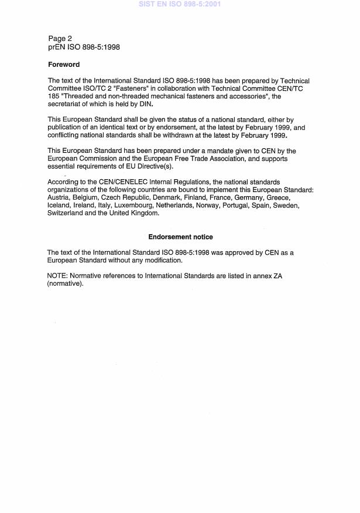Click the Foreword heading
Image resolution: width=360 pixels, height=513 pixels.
(x=64, y=64)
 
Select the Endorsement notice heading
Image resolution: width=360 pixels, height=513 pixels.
(x=180, y=237)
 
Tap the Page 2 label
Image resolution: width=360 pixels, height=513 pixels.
(x=60, y=39)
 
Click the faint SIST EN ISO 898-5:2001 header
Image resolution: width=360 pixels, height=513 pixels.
(x=180, y=4)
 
